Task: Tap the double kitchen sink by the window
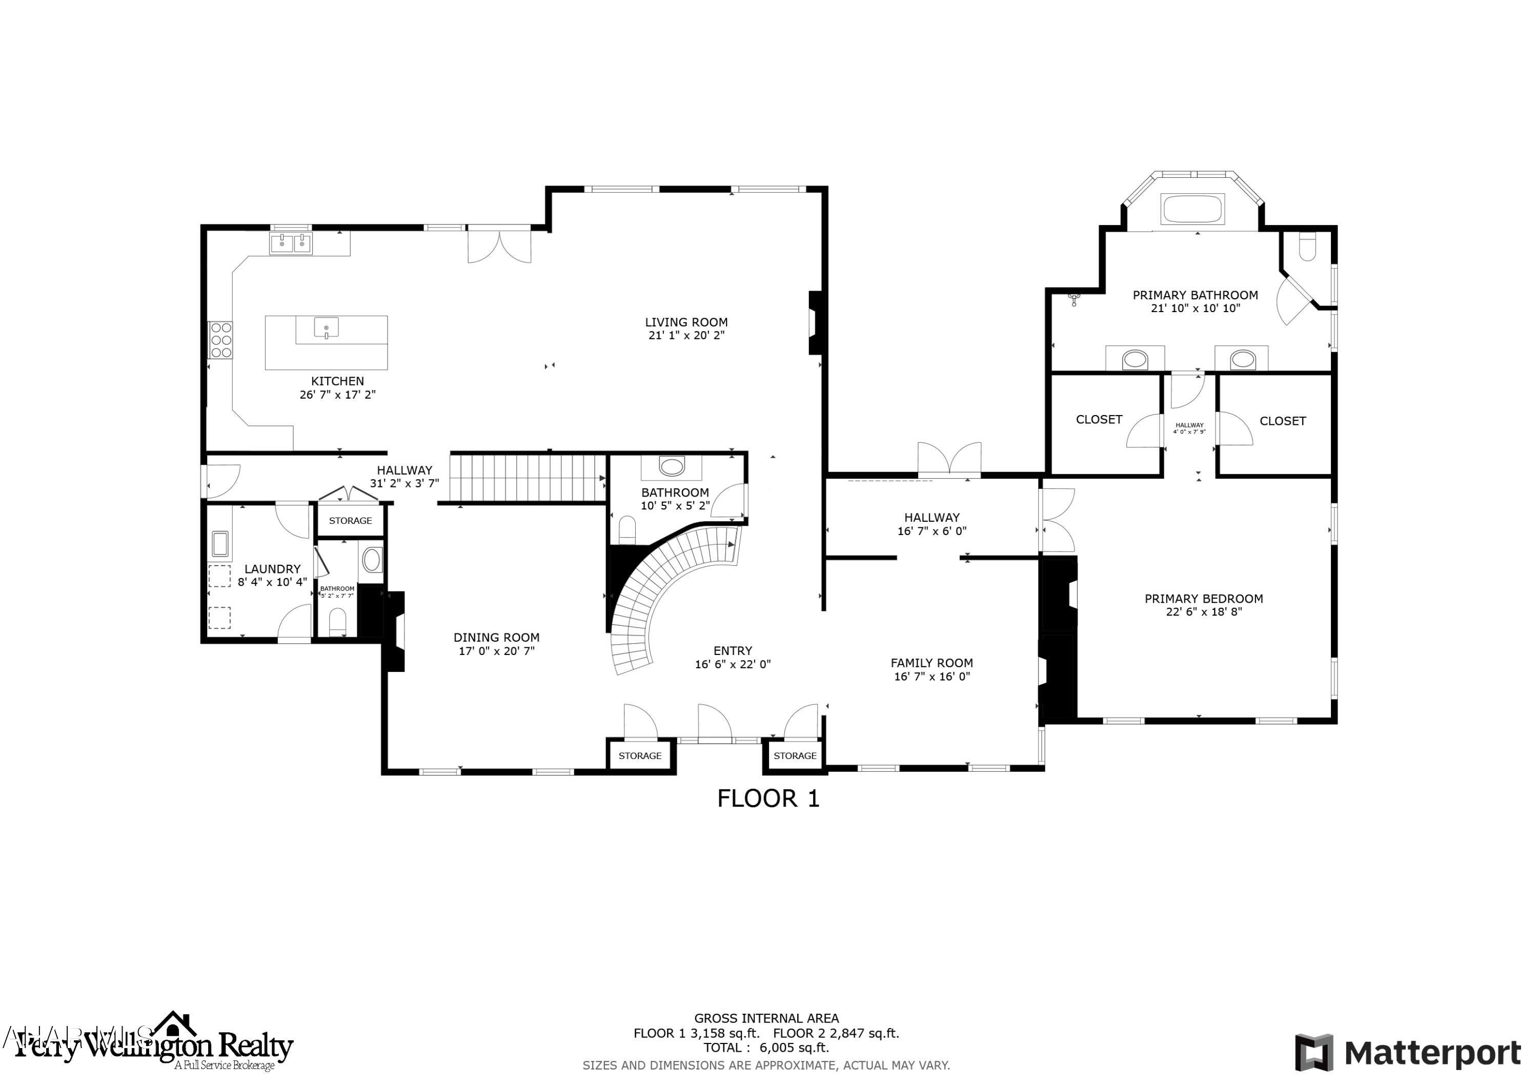point(291,243)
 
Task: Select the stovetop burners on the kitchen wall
point(220,340)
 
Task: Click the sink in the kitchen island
point(326,327)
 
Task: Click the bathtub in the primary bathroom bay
point(1193,209)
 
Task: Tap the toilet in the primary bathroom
point(1307,247)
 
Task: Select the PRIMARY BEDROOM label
point(1203,599)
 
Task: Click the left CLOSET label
point(1099,419)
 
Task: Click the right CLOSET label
point(1282,421)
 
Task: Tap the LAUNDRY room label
point(272,569)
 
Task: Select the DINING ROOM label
point(496,638)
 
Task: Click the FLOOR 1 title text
point(767,798)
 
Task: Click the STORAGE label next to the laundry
point(350,520)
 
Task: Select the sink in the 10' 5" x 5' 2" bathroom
point(671,466)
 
